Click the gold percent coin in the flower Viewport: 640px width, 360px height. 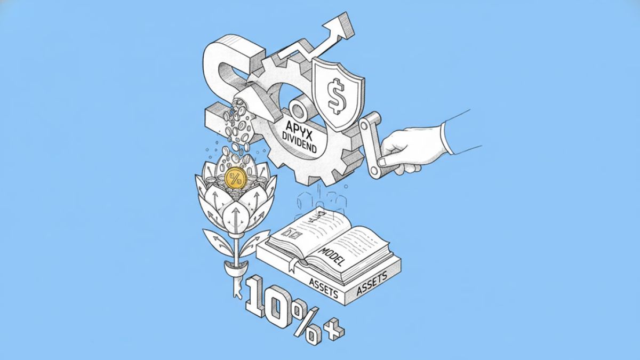pyautogui.click(x=236, y=179)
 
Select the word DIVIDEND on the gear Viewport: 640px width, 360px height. pyautogui.click(x=299, y=142)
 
